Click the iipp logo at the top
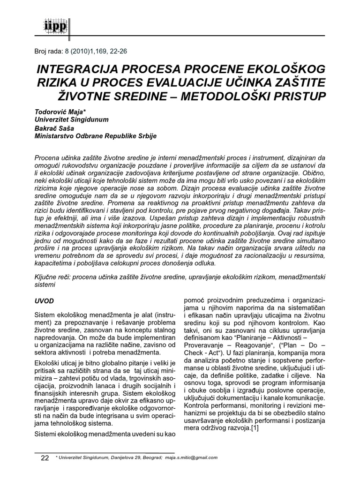click(46, 25)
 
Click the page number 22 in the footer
click(45, 457)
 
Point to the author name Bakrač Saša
click(53, 128)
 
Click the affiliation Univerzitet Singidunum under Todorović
click(72, 120)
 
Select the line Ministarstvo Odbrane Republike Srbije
click(96, 135)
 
